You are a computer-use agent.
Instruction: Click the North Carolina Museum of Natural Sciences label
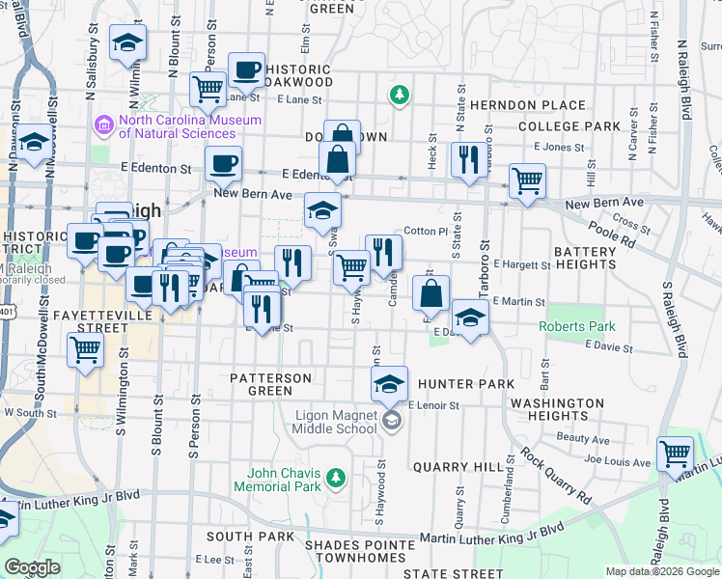tap(189, 126)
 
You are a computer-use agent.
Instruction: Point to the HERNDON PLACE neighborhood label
tap(526, 105)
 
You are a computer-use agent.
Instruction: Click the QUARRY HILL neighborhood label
tap(458, 466)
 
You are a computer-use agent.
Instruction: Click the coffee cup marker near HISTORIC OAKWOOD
tap(246, 69)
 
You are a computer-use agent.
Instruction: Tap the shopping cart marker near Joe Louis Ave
tap(675, 454)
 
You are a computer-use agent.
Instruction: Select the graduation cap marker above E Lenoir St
tap(389, 384)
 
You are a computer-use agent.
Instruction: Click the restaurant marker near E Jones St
tap(469, 159)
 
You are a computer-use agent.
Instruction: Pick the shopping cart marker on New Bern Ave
tap(527, 180)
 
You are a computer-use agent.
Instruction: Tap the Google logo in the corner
tap(32, 567)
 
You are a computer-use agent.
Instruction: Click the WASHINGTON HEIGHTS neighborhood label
tap(558, 409)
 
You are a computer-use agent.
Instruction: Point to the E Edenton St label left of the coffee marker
tap(155, 168)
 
